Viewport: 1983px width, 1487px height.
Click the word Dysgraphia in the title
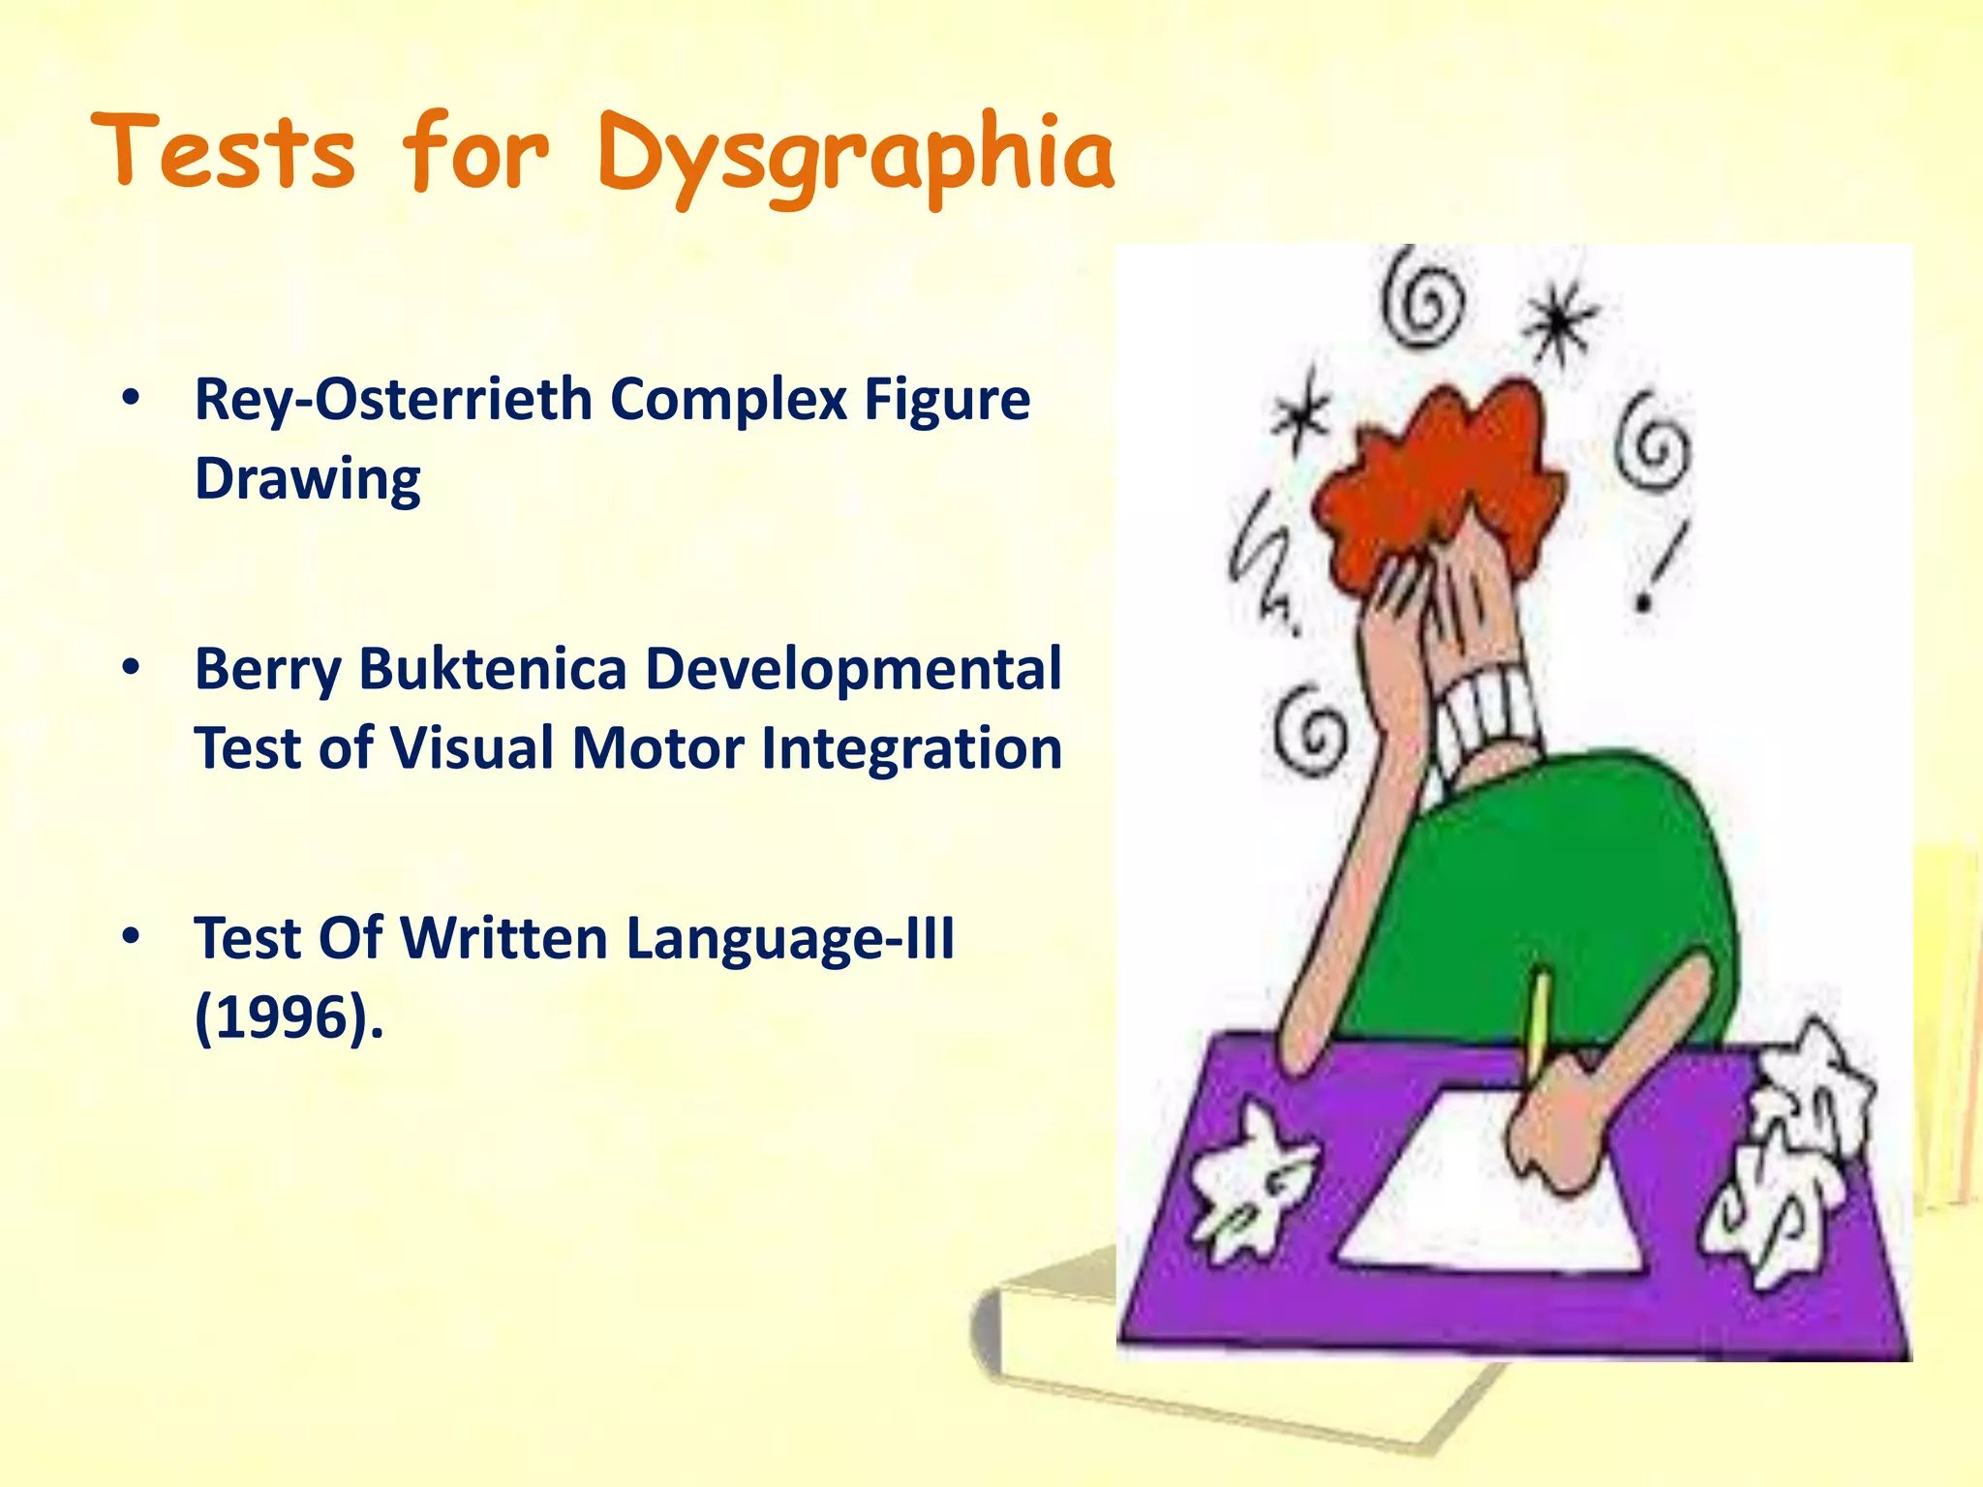click(x=856, y=155)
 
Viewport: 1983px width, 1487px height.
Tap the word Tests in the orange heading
click(x=225, y=153)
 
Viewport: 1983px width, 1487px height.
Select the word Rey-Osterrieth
click(x=392, y=399)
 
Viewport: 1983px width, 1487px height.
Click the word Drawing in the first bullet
click(x=308, y=479)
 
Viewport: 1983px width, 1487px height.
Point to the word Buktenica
click(x=493, y=669)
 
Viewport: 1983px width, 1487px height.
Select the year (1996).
click(x=289, y=1017)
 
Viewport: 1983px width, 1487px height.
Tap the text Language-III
click(x=790, y=938)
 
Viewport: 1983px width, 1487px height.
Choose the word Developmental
click(x=853, y=669)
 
